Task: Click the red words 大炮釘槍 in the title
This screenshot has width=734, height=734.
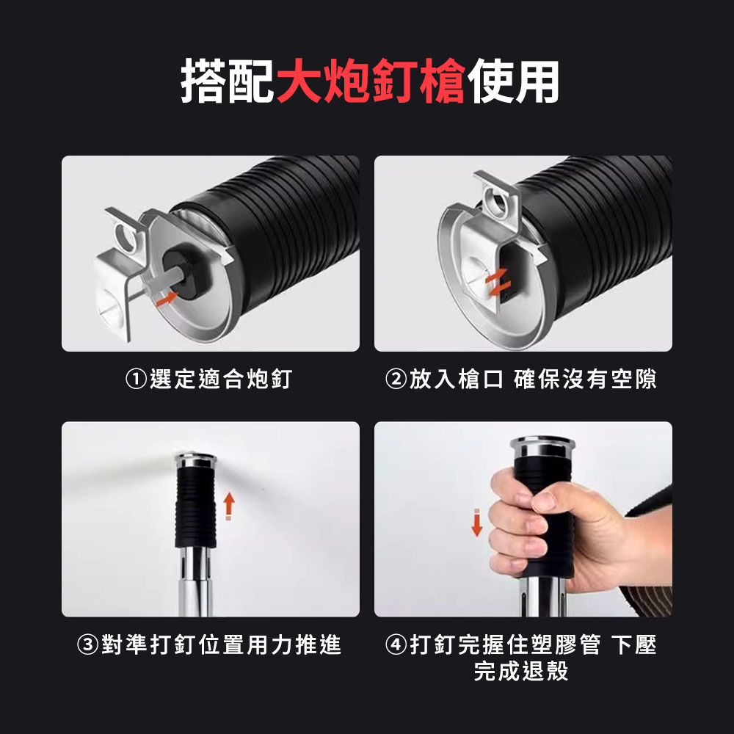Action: (371, 81)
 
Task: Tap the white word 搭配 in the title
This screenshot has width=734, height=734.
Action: (228, 81)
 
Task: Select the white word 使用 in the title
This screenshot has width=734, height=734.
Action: (513, 81)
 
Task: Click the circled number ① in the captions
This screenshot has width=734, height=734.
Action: (137, 379)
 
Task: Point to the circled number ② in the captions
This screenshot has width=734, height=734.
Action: (396, 379)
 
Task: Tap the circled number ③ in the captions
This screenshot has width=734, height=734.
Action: (87, 644)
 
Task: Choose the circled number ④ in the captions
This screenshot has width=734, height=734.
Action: (396, 644)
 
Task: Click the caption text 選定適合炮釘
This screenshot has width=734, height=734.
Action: (221, 379)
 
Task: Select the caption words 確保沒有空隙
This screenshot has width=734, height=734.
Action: (585, 379)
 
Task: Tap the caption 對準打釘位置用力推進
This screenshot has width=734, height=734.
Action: (221, 644)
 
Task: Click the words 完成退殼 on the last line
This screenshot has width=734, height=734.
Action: (521, 671)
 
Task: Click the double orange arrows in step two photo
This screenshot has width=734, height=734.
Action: (495, 283)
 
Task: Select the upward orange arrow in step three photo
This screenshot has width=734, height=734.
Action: (228, 506)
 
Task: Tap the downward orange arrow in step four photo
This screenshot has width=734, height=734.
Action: (476, 523)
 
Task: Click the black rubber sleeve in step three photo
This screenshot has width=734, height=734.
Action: (196, 507)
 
